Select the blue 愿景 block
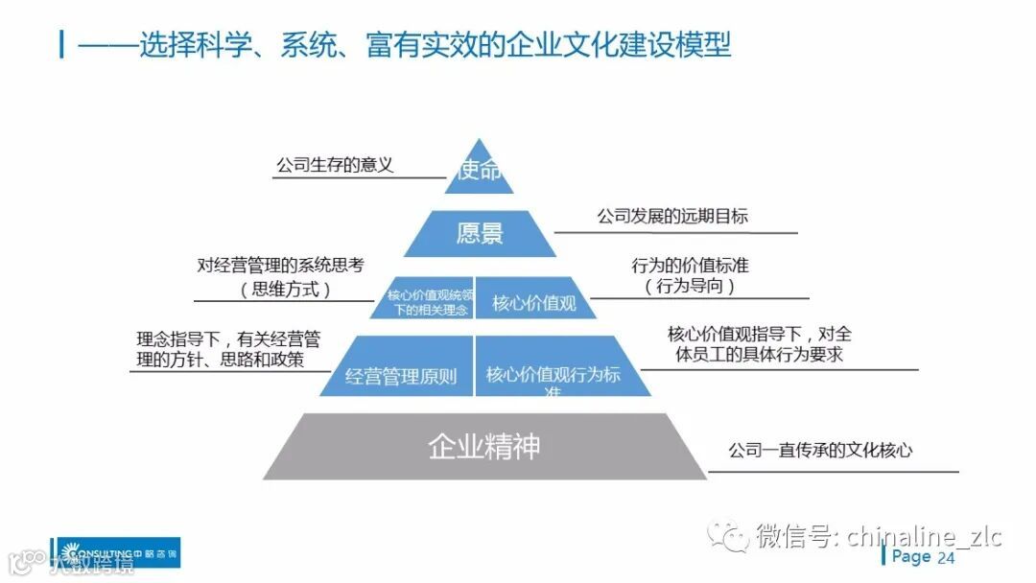click(480, 234)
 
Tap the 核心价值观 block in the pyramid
click(534, 303)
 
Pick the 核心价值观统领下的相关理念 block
click(430, 303)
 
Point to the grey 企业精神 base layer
click(484, 447)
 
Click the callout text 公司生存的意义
click(335, 165)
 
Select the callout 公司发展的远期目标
click(672, 217)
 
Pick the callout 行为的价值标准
click(690, 266)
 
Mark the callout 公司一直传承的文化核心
click(820, 449)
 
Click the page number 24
click(946, 558)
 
